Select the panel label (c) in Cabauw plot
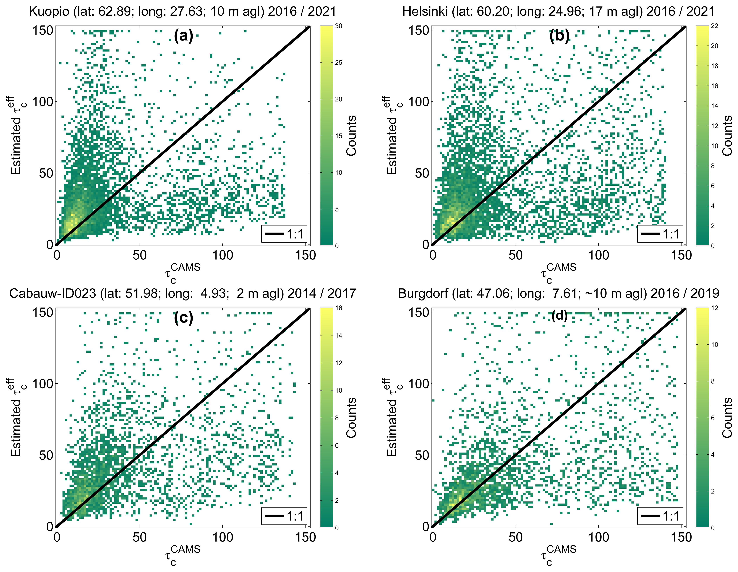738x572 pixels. click(183, 318)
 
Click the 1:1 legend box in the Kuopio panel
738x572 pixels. click(284, 234)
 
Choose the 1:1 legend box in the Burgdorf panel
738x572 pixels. click(660, 516)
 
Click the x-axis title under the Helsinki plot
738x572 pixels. click(558, 273)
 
